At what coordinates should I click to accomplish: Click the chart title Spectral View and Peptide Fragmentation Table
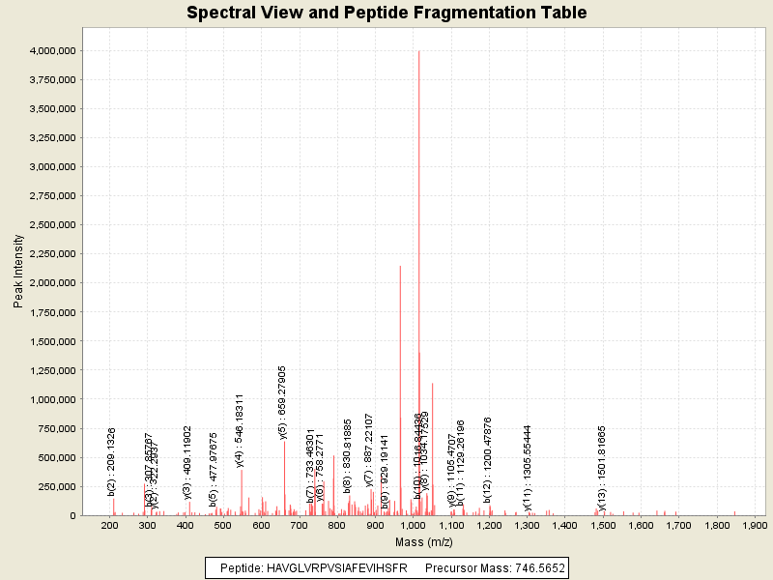386,13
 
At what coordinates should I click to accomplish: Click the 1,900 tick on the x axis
753,525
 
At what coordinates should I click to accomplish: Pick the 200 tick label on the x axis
109,525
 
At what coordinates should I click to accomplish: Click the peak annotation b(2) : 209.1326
111,461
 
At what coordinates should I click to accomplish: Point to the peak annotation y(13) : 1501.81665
602,468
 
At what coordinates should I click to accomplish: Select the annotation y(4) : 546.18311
240,430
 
